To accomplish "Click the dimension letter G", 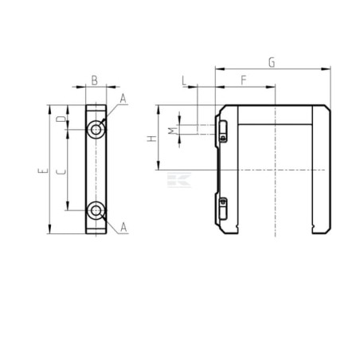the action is (272, 63).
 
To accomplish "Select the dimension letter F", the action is (244, 80).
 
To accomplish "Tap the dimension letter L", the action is (184, 80).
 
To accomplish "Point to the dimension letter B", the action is (95, 80).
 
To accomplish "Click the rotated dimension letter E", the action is (43, 170).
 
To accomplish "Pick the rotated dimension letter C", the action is (61, 171).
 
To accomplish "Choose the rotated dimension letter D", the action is (61, 119).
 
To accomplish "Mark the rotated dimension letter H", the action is (152, 139).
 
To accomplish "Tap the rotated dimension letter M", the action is (173, 131).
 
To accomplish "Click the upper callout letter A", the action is (123, 99).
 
